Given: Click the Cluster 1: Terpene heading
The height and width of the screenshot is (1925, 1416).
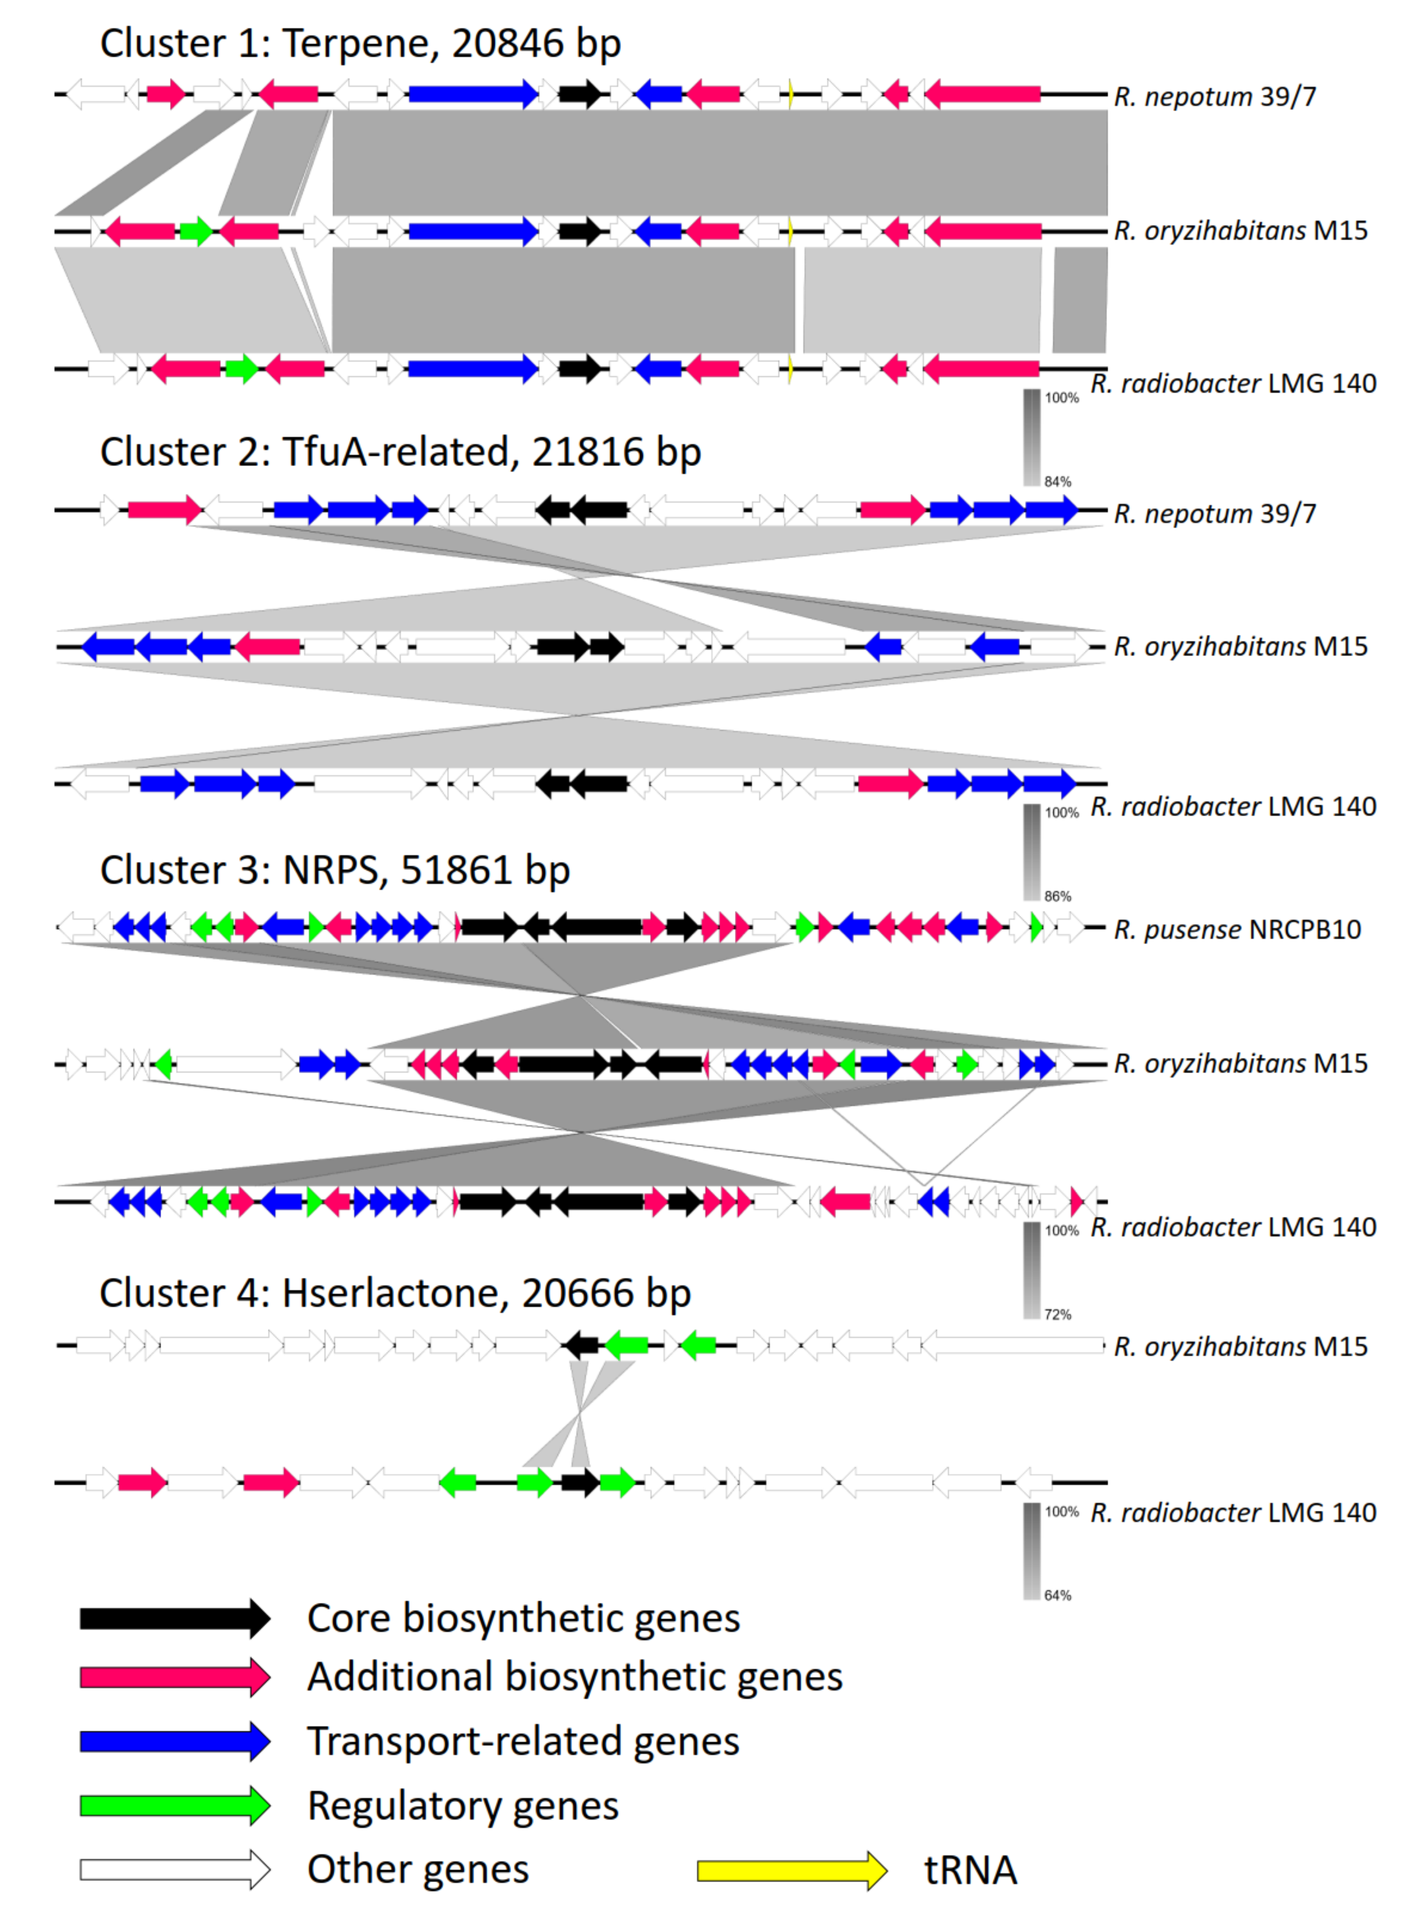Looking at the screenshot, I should coord(360,43).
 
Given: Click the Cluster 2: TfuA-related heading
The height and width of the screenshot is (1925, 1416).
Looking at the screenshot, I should coord(400,452).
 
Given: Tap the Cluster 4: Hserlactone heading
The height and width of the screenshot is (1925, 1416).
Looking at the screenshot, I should coord(394,1293).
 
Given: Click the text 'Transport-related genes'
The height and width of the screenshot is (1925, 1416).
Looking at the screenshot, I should coord(523,1741).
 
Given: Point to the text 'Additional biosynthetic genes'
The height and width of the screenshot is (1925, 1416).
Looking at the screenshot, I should coord(575,1677).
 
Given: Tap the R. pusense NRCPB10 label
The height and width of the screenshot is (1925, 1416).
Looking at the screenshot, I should coord(1237,930).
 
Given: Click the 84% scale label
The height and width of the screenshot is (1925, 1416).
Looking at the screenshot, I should coord(1058,482).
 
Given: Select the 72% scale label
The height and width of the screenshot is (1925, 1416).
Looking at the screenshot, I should coord(1058,1314).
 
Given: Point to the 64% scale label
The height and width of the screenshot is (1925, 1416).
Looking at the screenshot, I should coord(1058,1596).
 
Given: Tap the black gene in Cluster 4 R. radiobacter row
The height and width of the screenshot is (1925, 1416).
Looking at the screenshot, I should coord(580,1482).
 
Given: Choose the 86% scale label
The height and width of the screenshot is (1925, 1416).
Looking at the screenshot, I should coord(1058,897).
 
